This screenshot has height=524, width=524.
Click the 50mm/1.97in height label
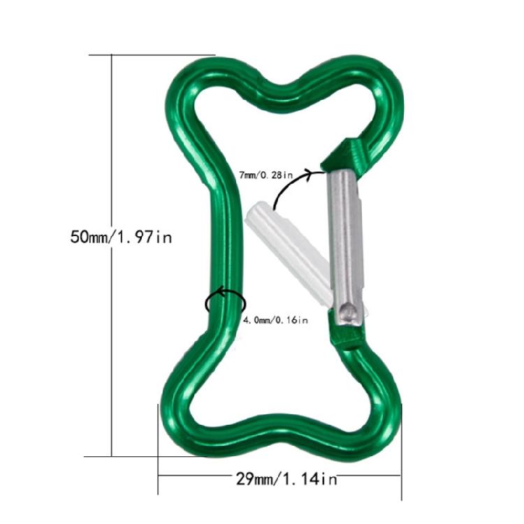[x=120, y=236]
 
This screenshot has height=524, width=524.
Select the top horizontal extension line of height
[x=161, y=54]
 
